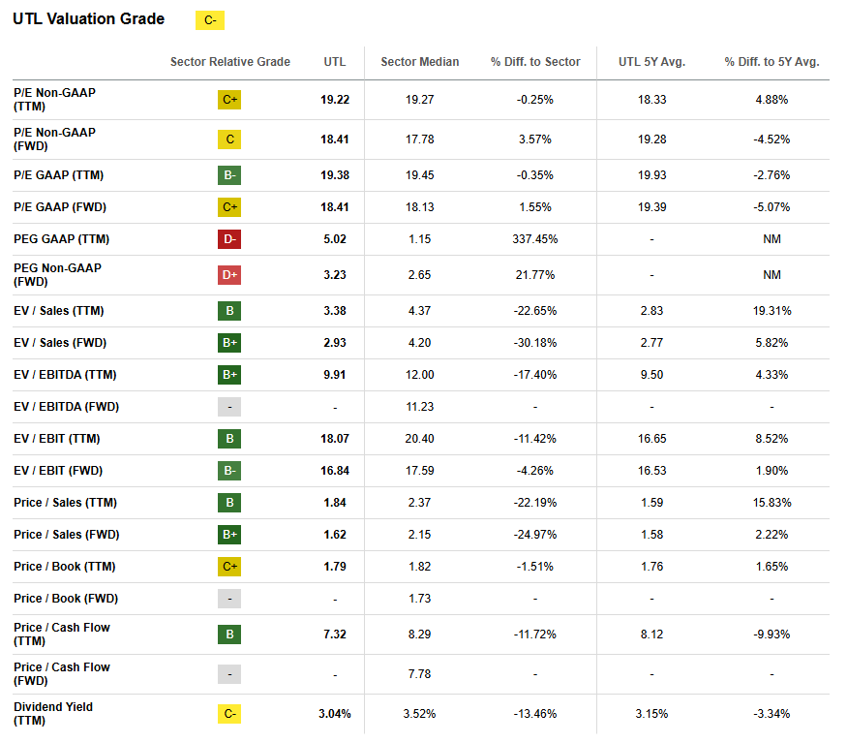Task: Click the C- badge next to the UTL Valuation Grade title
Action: point(209,20)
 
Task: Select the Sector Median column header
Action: point(420,62)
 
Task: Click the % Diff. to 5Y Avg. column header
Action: point(771,62)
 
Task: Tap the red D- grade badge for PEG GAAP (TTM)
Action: point(229,239)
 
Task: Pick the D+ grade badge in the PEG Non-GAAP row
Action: point(229,275)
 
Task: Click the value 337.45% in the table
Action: point(535,239)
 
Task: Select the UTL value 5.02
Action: point(334,239)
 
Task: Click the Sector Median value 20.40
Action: point(420,439)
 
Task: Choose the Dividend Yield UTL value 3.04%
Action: point(334,714)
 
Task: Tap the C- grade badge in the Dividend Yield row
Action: point(229,714)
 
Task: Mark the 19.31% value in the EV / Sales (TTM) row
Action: point(771,311)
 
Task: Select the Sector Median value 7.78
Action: point(420,674)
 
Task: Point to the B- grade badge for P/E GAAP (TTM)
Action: point(229,175)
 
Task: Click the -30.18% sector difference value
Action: point(535,343)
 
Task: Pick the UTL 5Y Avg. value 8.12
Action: point(651,635)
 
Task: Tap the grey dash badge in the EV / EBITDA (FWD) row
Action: point(229,407)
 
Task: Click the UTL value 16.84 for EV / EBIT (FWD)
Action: point(334,471)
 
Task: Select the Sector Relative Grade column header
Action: point(229,62)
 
